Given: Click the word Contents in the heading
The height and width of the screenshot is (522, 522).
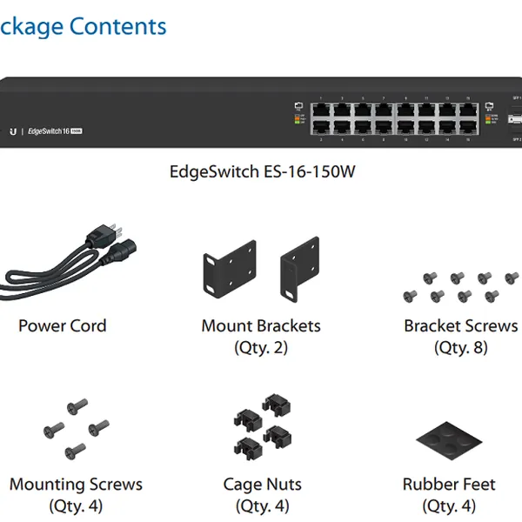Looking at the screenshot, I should tap(117, 26).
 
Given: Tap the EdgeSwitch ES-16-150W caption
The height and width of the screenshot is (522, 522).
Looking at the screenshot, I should tap(262, 171).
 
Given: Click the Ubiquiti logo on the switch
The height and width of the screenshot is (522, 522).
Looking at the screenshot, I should tap(13, 130).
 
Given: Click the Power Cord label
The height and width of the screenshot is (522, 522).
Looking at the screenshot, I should tap(63, 326).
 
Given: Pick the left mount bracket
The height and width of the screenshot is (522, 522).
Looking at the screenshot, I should tap(229, 271).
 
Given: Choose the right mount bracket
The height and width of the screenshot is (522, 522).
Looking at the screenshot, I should tap(297, 271).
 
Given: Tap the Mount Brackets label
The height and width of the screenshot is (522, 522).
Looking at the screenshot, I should tap(261, 326).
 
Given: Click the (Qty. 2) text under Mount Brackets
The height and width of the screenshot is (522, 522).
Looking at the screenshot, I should tap(261, 348).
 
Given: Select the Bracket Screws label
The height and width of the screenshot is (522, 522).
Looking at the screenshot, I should tap(460, 326).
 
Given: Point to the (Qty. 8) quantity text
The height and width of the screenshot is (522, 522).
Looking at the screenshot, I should tap(460, 348).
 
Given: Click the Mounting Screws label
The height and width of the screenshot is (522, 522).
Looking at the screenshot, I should tap(76, 485).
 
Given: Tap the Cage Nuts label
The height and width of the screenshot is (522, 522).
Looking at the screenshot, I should tap(262, 485).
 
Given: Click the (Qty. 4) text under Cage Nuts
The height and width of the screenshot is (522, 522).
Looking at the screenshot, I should tap(262, 505).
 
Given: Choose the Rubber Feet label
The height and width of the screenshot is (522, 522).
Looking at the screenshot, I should tap(449, 485).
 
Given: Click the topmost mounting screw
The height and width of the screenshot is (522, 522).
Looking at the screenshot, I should tap(78, 405).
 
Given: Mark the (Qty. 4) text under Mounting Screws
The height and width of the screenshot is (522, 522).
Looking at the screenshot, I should tap(76, 505).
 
